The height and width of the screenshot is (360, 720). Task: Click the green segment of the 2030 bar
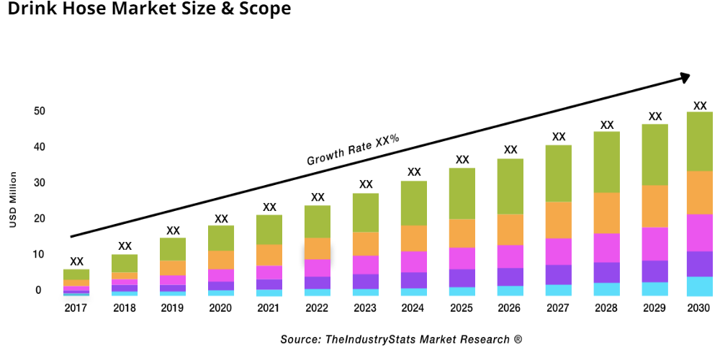pos(699,141)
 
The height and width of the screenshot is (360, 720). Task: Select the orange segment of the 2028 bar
pos(607,213)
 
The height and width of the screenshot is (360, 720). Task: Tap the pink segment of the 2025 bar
pos(462,258)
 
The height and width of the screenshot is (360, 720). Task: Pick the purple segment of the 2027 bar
pos(559,274)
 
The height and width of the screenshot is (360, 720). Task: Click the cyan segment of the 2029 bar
pos(654,289)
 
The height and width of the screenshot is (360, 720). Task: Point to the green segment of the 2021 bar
pos(269,230)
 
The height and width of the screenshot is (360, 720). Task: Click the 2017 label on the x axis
pos(76,308)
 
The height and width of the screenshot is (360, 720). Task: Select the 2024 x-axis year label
pos(414,308)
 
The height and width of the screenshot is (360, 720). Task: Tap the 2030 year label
pos(699,308)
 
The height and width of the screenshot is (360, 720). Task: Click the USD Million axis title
pos(13,199)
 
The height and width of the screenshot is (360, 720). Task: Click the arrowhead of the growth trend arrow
pos(685,76)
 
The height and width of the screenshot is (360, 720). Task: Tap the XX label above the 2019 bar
pos(173,230)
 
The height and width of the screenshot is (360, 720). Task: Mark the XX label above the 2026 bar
pos(510,150)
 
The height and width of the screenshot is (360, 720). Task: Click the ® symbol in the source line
pos(518,339)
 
